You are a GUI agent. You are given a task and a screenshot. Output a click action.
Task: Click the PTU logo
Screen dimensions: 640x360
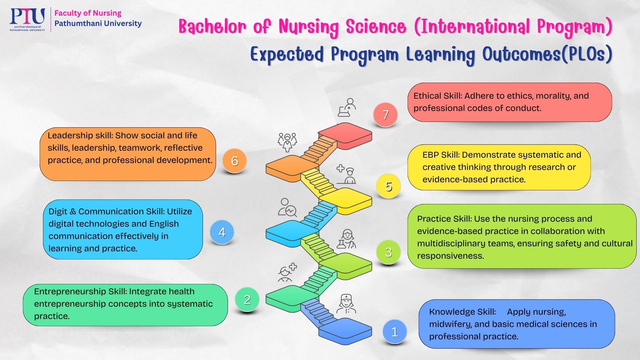click(27, 19)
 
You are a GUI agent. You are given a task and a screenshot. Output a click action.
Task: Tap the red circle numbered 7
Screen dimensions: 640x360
click(385, 115)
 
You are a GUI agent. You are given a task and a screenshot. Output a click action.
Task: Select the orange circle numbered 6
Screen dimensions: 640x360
click(235, 161)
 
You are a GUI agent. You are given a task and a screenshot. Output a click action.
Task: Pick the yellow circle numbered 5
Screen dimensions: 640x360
click(388, 186)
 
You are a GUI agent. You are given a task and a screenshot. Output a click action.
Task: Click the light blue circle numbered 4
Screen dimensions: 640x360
click(222, 232)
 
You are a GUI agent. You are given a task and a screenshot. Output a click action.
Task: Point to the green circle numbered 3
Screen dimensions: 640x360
click(388, 252)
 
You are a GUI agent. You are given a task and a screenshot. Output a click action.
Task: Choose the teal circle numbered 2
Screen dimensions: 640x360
click(247, 299)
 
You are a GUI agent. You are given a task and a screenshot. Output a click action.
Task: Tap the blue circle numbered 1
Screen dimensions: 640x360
click(395, 332)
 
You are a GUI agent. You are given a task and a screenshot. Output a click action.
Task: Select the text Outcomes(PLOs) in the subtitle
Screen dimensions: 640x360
click(547, 54)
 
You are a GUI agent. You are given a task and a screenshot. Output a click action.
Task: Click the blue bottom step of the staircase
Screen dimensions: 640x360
click(345, 331)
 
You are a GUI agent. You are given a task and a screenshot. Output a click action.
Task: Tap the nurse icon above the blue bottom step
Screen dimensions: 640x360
click(346, 304)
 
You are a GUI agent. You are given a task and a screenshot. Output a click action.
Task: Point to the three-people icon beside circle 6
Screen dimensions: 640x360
click(287, 142)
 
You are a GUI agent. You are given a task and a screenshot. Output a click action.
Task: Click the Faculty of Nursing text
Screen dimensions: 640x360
click(88, 13)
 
